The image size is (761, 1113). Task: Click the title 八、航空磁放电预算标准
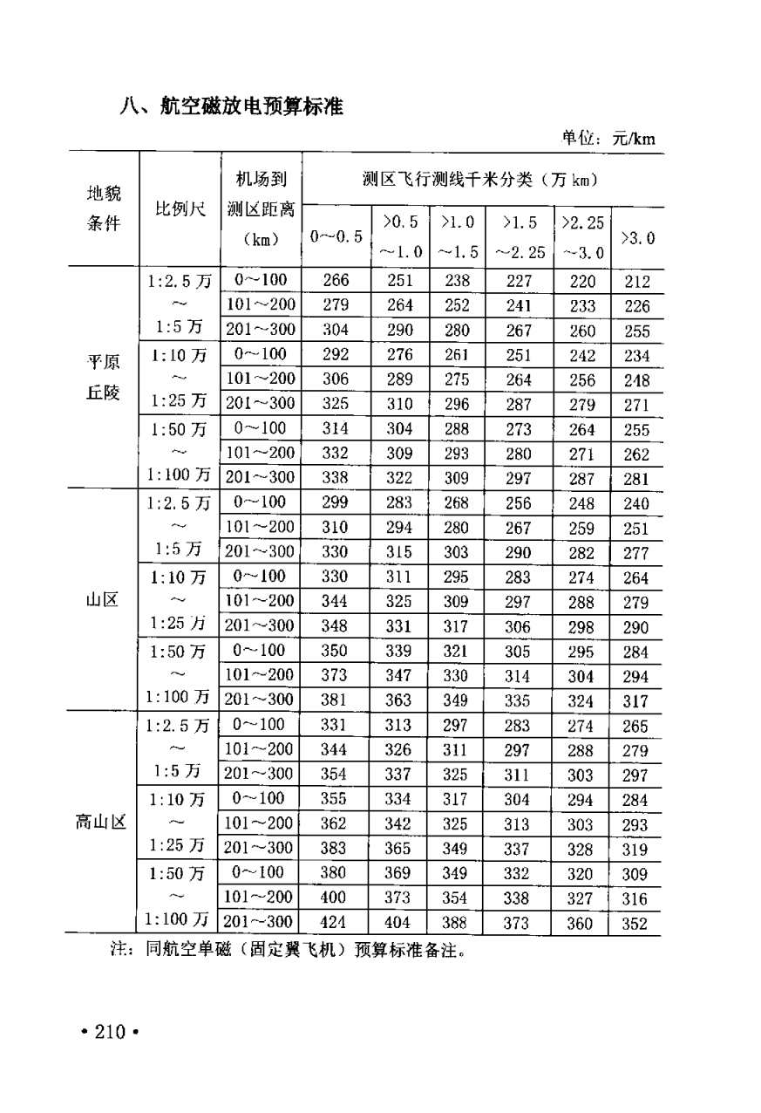tap(233, 107)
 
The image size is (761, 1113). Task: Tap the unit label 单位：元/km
tap(608, 138)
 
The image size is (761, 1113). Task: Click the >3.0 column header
tap(636, 237)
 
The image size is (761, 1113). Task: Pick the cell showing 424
tap(336, 922)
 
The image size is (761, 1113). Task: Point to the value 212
tap(636, 282)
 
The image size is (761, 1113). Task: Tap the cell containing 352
tap(636, 924)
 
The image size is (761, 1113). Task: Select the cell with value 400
tap(336, 897)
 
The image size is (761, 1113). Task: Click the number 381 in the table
tap(336, 700)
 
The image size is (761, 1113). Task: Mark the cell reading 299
tap(336, 502)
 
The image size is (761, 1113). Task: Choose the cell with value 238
tap(457, 281)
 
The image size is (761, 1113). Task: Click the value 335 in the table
tap(518, 700)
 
